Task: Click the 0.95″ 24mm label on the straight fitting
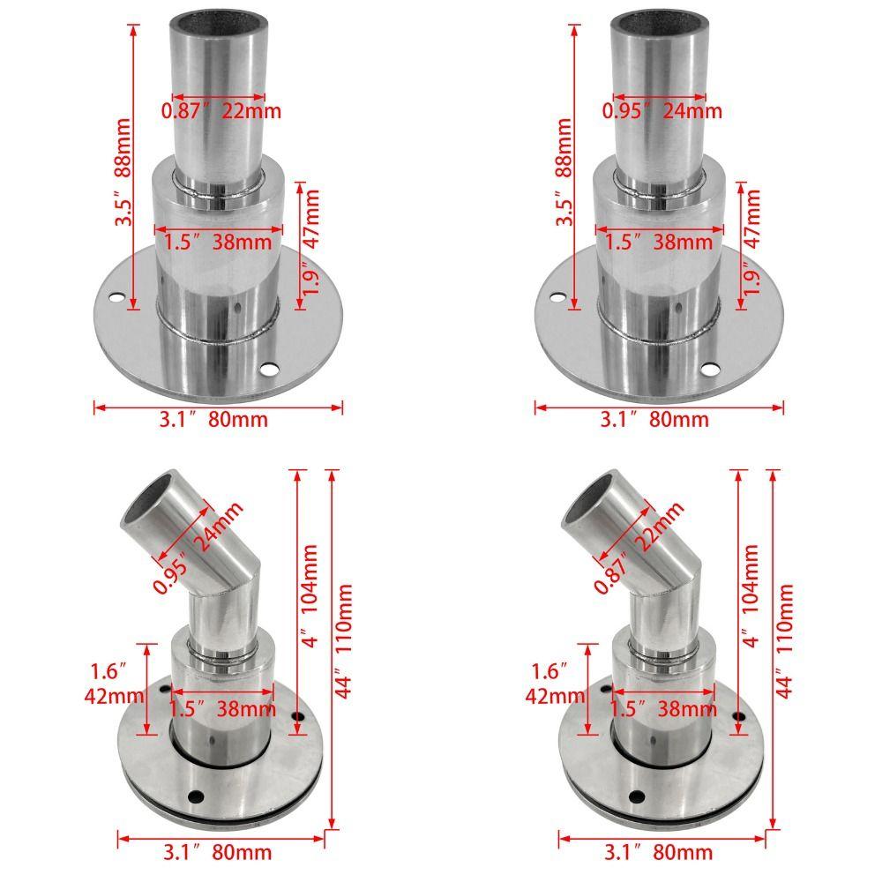[x=661, y=111]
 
